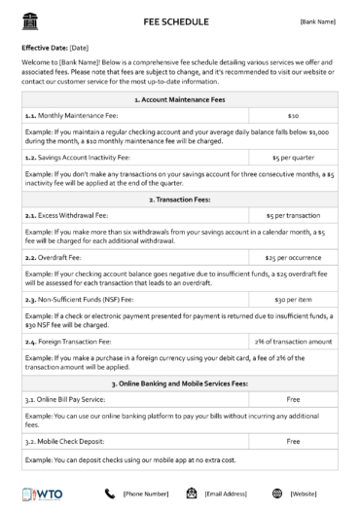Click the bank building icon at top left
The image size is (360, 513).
27,18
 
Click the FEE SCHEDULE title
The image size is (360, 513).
180,19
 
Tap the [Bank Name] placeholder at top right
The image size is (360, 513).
317,19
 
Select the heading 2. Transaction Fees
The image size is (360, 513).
180,199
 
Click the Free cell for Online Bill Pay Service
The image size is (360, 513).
293,399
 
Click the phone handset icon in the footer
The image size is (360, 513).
109,494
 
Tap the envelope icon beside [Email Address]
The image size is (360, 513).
193,494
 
